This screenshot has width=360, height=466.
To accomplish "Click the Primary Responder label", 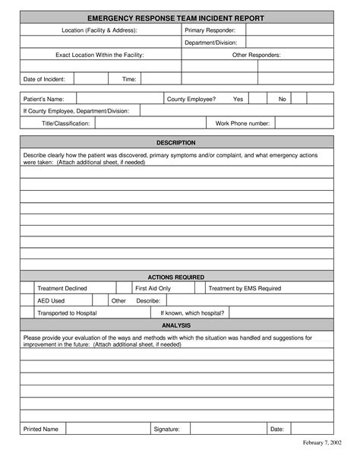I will [x=210, y=29].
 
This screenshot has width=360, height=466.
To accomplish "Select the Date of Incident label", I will [x=45, y=79].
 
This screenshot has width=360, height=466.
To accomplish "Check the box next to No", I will [x=299, y=99].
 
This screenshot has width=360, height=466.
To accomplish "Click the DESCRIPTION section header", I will [x=175, y=142].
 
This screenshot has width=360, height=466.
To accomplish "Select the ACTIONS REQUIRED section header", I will [x=175, y=277].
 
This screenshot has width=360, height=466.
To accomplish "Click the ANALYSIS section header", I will [x=175, y=325].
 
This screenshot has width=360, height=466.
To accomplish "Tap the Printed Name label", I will [x=41, y=430].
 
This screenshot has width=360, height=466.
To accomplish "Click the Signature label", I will [x=166, y=430].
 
